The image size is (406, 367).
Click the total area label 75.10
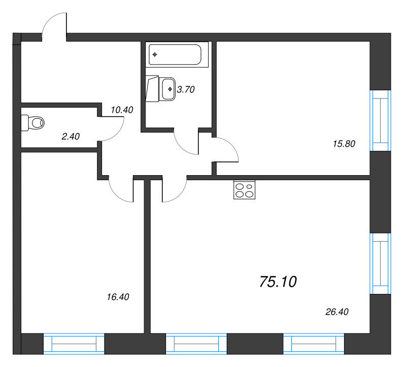278,282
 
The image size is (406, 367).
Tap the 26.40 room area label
337,312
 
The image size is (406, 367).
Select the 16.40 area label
118,297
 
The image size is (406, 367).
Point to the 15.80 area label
344,144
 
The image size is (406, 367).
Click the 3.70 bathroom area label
186,89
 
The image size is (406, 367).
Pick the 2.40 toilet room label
71,136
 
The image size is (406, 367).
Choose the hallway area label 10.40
122,110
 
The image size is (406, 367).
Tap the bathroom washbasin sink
168,89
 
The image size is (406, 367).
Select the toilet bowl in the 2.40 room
33,123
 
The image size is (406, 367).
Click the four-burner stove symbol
244,190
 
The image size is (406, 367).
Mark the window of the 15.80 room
380,120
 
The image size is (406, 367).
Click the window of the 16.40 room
74,344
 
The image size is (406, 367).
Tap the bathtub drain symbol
155,54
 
